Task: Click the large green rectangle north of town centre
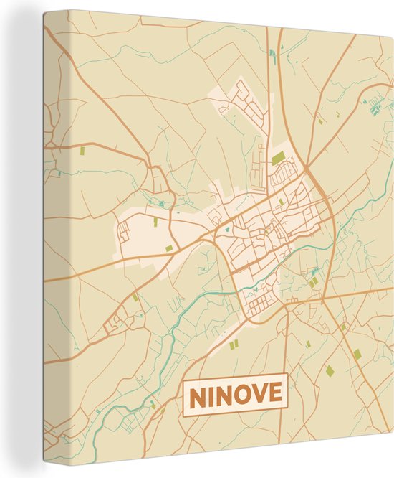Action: pos(278,157)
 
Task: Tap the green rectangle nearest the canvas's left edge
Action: pos(81,151)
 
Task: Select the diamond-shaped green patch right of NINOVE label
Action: pos(330,370)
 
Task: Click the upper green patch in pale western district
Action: pos(154,222)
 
